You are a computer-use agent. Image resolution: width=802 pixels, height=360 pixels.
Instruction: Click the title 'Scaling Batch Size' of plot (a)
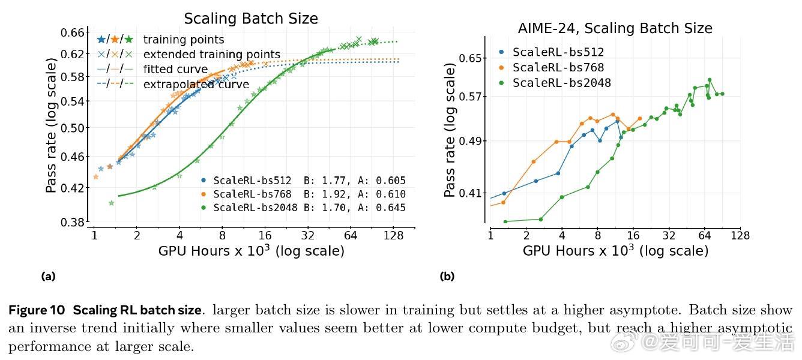251,19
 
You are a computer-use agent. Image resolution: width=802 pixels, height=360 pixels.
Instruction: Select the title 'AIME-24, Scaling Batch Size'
615,28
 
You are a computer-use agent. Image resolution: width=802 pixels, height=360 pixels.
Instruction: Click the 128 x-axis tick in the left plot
393,235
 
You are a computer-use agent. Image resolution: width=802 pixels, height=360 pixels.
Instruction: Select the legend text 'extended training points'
211,55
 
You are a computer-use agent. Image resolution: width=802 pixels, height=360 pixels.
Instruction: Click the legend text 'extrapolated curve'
196,85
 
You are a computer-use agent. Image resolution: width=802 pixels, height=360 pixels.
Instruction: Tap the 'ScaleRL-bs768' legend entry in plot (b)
558,68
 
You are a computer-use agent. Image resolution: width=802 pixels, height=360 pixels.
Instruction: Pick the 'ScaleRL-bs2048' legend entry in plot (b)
561,83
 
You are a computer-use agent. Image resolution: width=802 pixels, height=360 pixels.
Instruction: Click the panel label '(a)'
48,277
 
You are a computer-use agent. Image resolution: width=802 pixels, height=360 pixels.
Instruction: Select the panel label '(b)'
447,277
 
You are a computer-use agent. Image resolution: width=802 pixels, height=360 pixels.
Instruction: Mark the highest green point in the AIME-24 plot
709,80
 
